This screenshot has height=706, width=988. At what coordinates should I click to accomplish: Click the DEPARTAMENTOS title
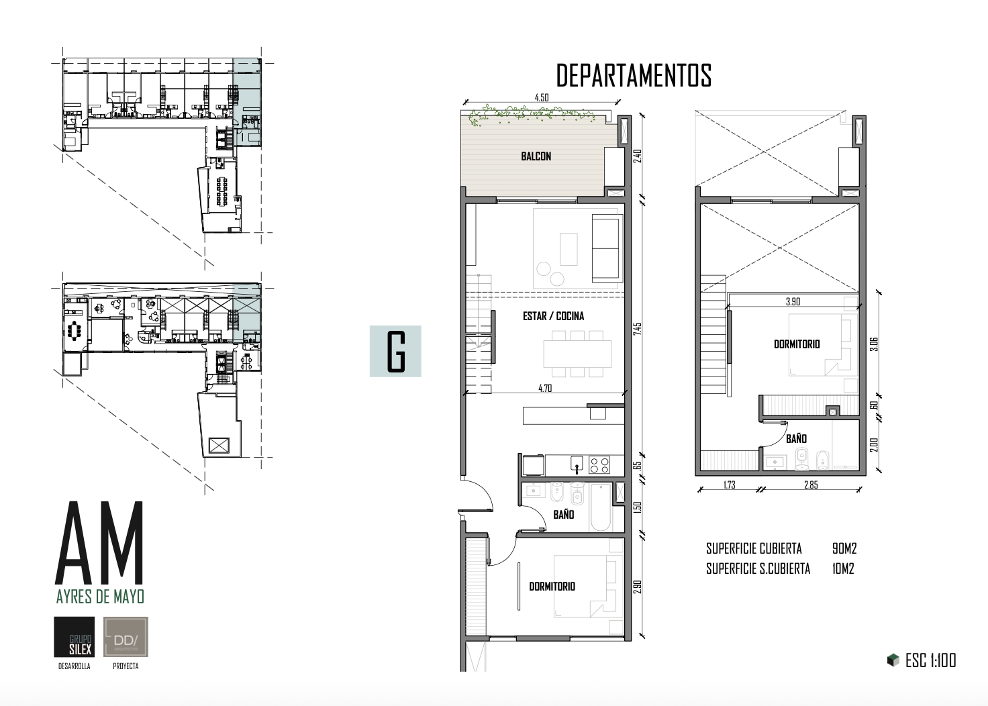tap(634, 76)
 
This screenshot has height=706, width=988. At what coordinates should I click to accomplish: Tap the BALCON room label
tap(536, 156)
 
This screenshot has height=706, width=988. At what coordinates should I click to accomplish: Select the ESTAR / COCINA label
tap(553, 316)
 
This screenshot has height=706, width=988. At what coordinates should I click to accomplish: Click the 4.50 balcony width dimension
tap(541, 98)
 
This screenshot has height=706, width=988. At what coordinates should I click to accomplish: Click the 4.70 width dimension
tap(545, 388)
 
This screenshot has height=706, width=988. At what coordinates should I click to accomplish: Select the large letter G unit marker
tap(395, 351)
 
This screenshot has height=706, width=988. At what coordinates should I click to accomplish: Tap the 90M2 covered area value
tap(844, 549)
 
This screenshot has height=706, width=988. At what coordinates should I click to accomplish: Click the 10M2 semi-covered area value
tap(842, 569)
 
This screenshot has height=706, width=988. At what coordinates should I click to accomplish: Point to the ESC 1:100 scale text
tap(930, 660)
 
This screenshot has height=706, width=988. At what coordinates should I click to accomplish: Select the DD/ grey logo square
tap(126, 636)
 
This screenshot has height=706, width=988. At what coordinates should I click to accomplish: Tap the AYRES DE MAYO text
tap(100, 596)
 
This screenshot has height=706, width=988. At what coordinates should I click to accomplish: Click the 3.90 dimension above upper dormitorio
tap(793, 302)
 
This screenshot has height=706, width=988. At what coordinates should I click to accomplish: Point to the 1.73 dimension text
tap(729, 485)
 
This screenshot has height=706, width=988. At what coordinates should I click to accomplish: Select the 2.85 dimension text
tap(811, 485)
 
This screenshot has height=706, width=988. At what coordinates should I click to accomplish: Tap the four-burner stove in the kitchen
tap(599, 464)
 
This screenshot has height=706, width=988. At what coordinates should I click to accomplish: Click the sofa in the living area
tap(607, 248)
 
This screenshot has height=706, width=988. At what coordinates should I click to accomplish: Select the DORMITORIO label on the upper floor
tap(797, 344)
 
